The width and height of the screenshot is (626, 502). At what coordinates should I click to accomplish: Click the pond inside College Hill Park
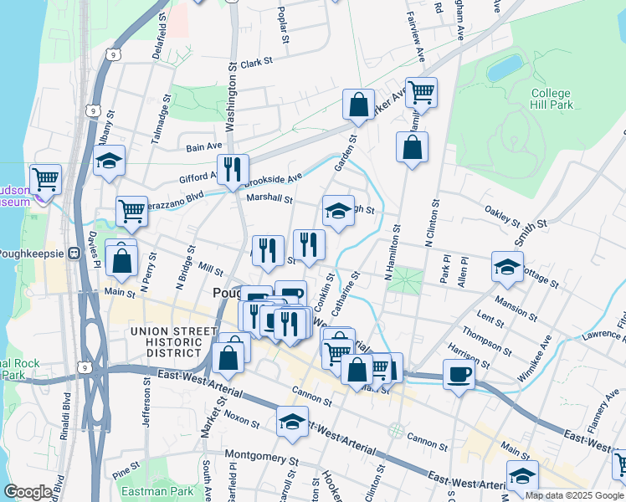(x=505, y=68)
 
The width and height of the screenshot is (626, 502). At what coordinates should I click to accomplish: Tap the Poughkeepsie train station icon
(x=74, y=254)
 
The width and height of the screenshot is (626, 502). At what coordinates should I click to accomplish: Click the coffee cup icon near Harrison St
(x=459, y=374)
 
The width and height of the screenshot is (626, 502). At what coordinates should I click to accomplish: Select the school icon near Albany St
(x=109, y=161)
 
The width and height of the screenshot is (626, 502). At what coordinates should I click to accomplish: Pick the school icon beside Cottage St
(x=507, y=266)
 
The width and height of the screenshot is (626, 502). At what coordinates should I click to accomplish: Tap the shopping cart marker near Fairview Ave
(x=421, y=91)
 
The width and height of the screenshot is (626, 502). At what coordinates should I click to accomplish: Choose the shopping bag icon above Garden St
(x=358, y=105)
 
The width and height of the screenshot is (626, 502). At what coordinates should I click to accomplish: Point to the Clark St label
(x=256, y=63)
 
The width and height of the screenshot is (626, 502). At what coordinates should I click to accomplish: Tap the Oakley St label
(x=504, y=216)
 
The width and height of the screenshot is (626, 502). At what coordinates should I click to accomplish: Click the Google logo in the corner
(x=28, y=492)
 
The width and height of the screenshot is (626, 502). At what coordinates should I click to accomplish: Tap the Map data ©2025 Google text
(x=574, y=495)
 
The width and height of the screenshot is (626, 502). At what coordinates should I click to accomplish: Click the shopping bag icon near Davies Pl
(x=121, y=260)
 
